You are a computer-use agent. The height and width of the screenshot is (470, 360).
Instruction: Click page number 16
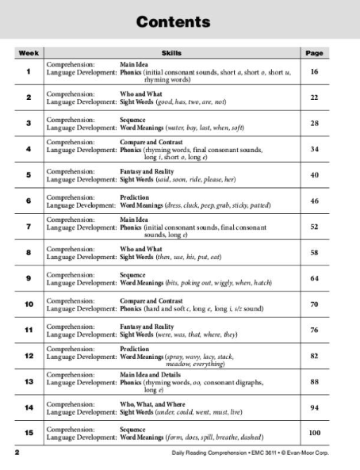click(315, 71)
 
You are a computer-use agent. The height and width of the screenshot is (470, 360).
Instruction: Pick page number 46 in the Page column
click(315, 201)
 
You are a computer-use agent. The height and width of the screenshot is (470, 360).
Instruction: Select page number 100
click(315, 433)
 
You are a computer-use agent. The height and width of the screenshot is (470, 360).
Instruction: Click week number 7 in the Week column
click(28, 227)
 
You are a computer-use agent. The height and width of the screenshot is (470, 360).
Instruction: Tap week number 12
click(28, 355)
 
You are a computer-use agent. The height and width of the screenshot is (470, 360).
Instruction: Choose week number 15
click(28, 433)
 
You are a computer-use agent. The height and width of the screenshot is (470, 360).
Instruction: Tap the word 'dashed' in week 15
click(250, 437)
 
